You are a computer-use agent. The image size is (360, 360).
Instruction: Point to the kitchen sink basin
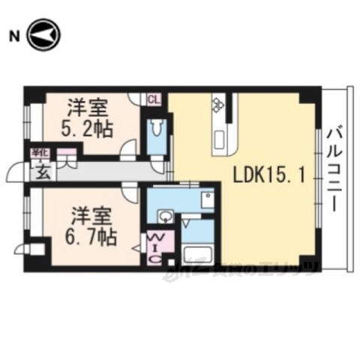click(222, 139)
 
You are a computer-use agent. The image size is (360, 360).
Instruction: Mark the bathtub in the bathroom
click(199, 255)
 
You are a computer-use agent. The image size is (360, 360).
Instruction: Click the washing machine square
click(207, 199)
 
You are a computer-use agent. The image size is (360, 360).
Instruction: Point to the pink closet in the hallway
click(66, 158)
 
